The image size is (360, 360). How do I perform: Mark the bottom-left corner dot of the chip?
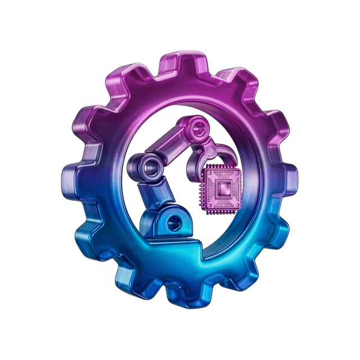click(205, 210)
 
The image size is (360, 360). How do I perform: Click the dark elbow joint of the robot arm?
click(150, 166)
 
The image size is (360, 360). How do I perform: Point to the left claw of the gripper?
click(196, 163)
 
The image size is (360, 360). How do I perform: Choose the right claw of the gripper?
click(230, 155)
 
